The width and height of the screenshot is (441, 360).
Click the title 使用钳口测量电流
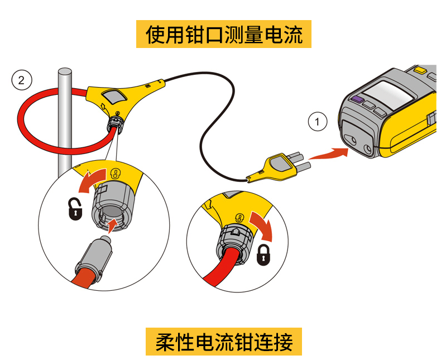click(223, 35)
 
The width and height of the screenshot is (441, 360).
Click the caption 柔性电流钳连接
click(223, 341)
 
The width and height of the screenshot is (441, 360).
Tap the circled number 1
click(318, 121)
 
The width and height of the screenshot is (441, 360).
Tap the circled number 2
click(21, 80)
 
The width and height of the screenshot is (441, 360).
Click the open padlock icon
click(74, 210)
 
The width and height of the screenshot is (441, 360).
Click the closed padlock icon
click(262, 255)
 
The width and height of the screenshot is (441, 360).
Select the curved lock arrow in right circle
click(261, 223)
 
